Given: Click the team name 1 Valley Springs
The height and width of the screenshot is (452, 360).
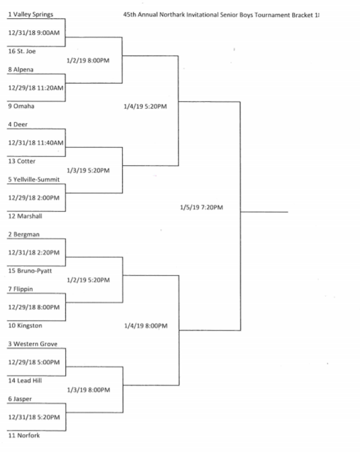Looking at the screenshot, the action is click(x=30, y=14).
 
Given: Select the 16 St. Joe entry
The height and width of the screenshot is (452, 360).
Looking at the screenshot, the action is click(x=22, y=51).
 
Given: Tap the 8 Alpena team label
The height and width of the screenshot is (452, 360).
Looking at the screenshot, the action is click(x=21, y=70).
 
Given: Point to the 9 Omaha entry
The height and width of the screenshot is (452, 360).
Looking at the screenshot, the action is click(x=21, y=106).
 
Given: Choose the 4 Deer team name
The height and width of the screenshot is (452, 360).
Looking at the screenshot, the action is click(x=17, y=125).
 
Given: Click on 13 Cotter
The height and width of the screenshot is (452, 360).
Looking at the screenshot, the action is click(x=21, y=161).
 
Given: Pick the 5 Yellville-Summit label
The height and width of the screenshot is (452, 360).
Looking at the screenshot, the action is click(x=34, y=180).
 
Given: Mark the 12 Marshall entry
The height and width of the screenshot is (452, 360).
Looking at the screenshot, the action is click(x=25, y=216).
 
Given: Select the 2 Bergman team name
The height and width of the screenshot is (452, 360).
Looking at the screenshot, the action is click(x=24, y=234).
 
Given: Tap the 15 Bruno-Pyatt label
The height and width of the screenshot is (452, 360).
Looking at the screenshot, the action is click(x=30, y=271).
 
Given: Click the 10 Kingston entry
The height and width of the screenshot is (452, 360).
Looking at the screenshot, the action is click(x=25, y=325).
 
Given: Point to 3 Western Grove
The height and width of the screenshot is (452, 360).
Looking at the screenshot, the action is click(x=32, y=344).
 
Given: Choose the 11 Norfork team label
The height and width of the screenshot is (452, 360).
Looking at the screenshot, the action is click(x=24, y=435).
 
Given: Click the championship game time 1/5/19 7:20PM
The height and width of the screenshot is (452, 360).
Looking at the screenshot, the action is click(x=202, y=207).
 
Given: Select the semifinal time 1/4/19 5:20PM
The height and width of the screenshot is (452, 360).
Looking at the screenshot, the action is click(x=145, y=107).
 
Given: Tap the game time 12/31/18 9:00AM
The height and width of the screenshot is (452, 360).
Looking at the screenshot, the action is click(x=34, y=32).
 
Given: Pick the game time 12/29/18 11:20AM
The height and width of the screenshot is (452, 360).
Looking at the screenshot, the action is click(x=36, y=88).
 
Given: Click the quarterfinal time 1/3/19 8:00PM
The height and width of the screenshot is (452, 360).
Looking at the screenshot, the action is click(x=89, y=390).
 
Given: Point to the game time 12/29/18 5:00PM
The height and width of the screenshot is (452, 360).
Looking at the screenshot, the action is click(x=34, y=362).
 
